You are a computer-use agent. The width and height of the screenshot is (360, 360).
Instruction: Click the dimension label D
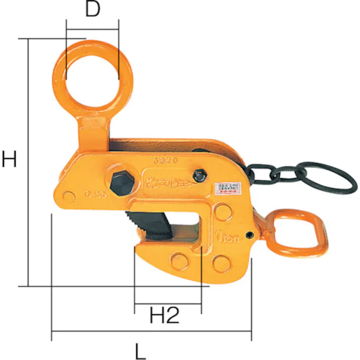[92, 10]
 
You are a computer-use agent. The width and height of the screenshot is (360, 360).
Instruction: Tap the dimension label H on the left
[10, 160]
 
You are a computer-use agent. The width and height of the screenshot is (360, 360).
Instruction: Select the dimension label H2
[165, 316]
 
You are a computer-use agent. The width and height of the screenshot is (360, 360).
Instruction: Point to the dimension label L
[141, 350]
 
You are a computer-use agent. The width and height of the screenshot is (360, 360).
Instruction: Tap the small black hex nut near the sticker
[200, 176]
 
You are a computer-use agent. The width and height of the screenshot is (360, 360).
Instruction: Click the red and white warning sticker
[229, 189]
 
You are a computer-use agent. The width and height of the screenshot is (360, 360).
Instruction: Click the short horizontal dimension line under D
[92, 27]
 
